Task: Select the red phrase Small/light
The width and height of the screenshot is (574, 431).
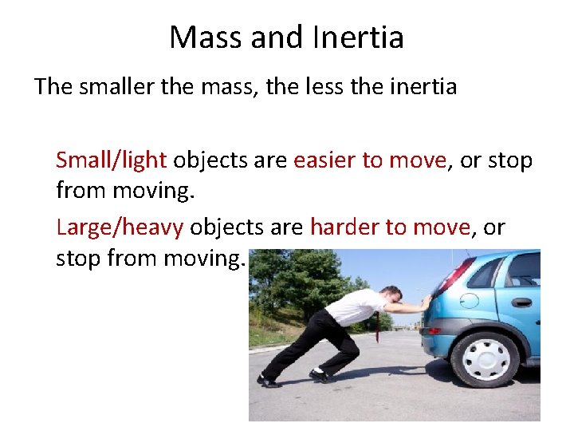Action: pyautogui.click(x=111, y=160)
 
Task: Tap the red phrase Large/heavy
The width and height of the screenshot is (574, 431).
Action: pyautogui.click(x=120, y=227)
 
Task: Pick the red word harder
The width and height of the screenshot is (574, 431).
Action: pyautogui.click(x=344, y=227)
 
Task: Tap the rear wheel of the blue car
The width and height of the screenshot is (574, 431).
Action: pyautogui.click(x=486, y=358)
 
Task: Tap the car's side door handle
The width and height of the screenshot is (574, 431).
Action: pyautogui.click(x=522, y=302)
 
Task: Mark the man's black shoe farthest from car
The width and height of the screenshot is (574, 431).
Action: pyautogui.click(x=269, y=381)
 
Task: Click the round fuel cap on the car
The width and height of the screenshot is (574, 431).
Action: pyautogui.click(x=470, y=301)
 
